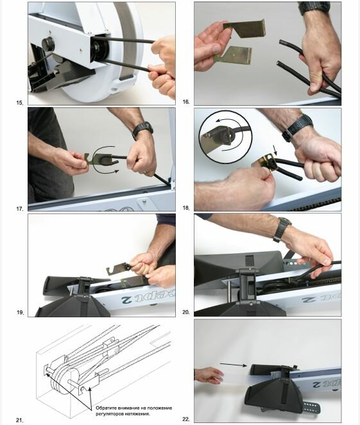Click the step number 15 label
point(20,103)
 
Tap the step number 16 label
point(186,102)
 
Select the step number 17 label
point(20,209)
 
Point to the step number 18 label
point(186,208)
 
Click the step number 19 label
point(20,312)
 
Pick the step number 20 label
point(186,312)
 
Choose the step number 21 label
point(19,421)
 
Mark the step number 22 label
point(186,419)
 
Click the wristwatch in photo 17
point(142,129)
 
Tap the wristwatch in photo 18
point(297,127)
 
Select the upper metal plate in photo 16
point(244,28)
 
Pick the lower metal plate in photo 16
point(233,55)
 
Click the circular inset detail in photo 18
point(225,137)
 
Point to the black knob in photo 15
point(48,44)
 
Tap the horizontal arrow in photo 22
point(234,365)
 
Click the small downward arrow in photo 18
point(276,150)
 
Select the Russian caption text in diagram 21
point(133,411)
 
